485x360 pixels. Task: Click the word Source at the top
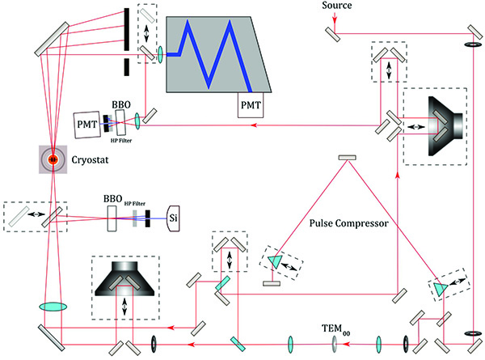[x=335, y=6]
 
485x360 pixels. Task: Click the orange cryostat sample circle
[x=53, y=159]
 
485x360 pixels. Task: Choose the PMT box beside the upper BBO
[x=86, y=124]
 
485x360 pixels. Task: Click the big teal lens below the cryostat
[x=53, y=307]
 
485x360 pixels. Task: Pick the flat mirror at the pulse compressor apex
[x=348, y=157]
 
